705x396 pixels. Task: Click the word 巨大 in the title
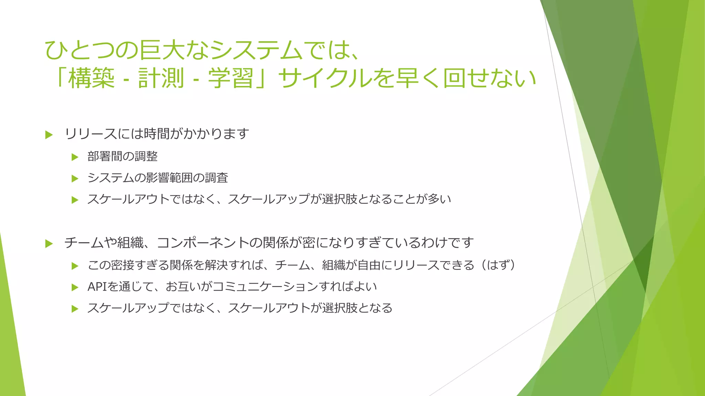[161, 50]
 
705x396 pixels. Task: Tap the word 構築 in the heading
[91, 78]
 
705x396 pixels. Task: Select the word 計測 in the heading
[161, 78]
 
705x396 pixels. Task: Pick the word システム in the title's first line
[256, 50]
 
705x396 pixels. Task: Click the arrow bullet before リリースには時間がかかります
[49, 135]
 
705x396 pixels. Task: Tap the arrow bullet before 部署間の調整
[75, 157]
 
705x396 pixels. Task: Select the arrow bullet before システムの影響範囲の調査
[75, 179]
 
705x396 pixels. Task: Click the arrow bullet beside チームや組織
[49, 244]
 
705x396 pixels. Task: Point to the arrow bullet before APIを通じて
[75, 287]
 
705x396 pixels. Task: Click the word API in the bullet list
[97, 287]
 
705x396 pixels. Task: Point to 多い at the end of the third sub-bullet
[439, 199]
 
